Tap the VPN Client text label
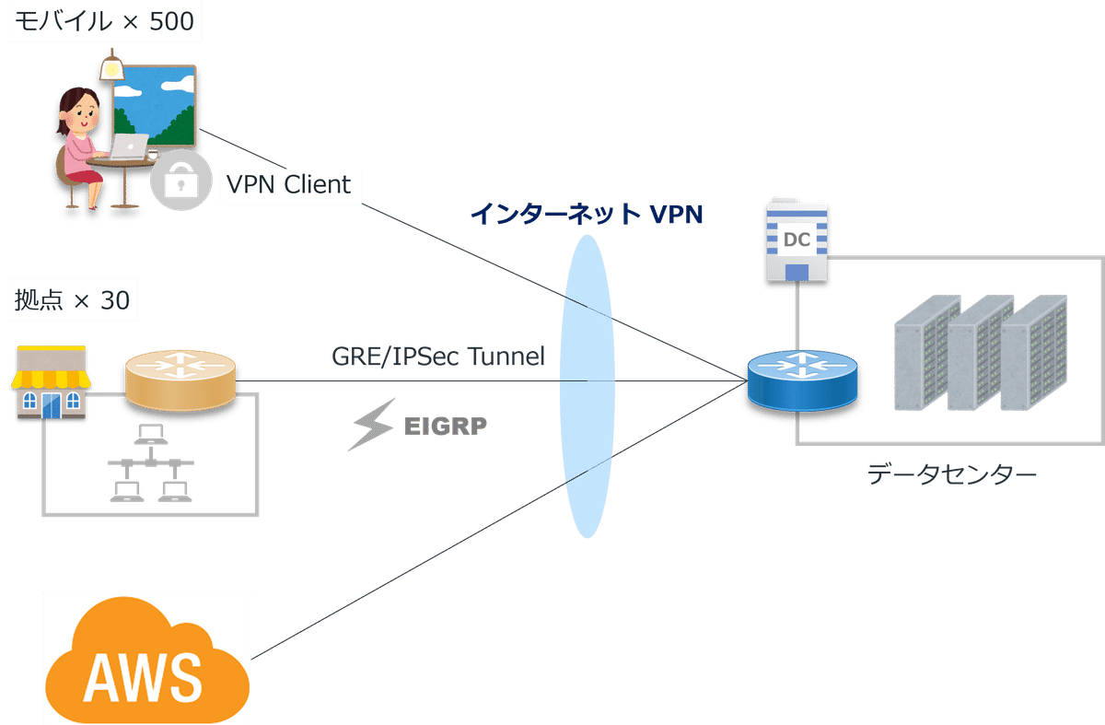pos(288,184)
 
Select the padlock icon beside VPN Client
pos(176,181)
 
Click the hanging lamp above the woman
pos(112,67)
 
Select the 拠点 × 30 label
pos(71,300)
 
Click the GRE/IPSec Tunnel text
pos(438,357)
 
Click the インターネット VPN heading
pos(587,215)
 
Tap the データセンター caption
pos(951,475)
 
